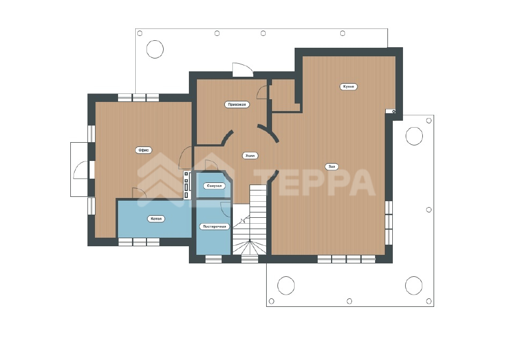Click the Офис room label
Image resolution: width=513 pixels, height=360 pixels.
[x=144, y=150]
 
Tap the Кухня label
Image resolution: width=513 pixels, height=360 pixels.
[x=348, y=87]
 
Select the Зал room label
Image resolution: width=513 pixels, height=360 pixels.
[x=332, y=166]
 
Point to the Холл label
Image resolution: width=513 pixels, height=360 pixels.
[x=250, y=156]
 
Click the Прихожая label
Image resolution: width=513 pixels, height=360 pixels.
[x=237, y=105]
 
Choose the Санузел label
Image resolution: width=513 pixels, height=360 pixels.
[x=214, y=186]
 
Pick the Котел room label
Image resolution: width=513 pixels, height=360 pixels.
[x=156, y=219]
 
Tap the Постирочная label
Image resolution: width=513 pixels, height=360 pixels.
[x=214, y=226]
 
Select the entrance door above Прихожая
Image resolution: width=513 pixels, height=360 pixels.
[x=243, y=70]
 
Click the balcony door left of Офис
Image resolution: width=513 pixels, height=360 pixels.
[x=81, y=170]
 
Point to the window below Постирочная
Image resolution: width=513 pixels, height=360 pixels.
[x=214, y=259]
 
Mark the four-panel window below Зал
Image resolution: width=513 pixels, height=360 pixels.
[x=347, y=259]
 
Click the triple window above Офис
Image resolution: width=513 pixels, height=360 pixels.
[x=138, y=98]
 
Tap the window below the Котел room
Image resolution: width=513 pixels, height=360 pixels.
[x=139, y=242]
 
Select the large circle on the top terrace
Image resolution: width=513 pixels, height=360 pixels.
[x=155, y=49]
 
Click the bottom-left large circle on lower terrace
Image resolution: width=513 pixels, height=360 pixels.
[x=286, y=285]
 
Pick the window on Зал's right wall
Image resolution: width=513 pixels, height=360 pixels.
[x=389, y=223]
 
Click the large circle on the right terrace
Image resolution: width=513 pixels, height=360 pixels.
[x=414, y=136]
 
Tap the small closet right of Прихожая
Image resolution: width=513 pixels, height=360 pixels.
[x=284, y=95]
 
